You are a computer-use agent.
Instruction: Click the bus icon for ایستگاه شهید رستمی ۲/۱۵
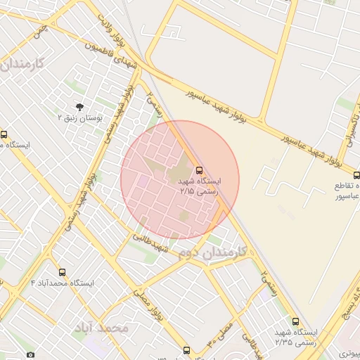coord(199,170)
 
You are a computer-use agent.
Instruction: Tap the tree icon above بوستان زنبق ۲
coord(79,108)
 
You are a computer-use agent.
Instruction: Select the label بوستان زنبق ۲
coord(80,119)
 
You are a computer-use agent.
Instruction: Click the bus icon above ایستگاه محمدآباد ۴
coord(63,272)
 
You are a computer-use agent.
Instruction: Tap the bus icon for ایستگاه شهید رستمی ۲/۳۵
coord(295,321)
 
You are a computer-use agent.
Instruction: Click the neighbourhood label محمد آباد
coord(104,328)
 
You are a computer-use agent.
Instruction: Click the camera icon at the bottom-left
coord(30,355)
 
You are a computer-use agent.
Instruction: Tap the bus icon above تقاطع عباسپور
coord(356,175)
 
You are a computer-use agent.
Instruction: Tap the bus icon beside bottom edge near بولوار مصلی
coord(186,349)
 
